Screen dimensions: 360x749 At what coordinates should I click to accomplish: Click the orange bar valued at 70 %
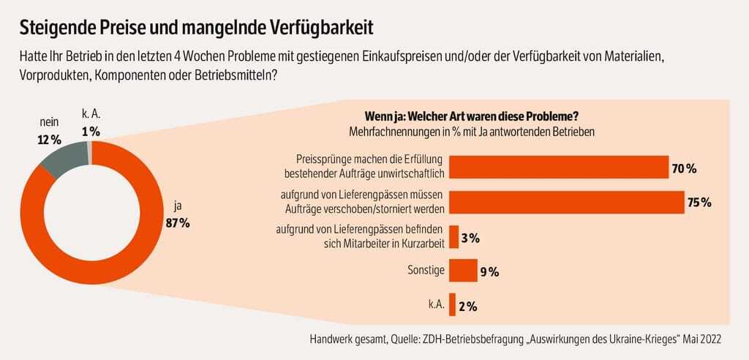click(558, 168)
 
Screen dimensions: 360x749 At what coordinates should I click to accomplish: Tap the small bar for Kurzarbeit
click(453, 237)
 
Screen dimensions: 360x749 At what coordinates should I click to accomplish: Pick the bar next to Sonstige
click(462, 271)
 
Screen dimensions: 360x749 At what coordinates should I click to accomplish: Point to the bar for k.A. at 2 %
click(452, 305)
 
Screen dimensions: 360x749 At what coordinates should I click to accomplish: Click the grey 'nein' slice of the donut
click(61, 159)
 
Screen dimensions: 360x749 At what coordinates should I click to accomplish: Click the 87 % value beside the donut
click(178, 223)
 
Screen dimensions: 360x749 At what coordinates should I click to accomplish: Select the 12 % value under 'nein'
click(49, 138)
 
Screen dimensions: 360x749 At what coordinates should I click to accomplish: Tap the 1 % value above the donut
click(91, 131)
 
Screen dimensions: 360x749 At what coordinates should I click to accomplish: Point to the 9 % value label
click(489, 272)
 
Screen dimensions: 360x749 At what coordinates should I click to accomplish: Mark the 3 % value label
click(470, 238)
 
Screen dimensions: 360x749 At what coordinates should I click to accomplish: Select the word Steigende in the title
click(56, 27)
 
